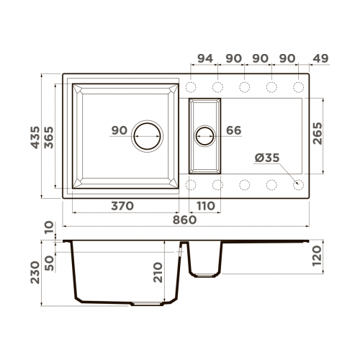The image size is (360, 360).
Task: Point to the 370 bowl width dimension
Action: (123, 206)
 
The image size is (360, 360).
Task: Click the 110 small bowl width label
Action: (205, 206)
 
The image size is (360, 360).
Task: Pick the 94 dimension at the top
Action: (204, 58)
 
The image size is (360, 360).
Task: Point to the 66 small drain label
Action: (233, 130)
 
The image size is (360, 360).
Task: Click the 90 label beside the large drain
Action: (119, 130)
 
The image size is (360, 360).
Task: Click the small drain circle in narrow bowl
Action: (205, 134)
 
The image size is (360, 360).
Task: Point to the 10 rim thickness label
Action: (49, 229)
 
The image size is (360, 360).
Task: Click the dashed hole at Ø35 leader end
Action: (299, 184)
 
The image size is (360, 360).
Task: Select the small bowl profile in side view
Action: (205, 259)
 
